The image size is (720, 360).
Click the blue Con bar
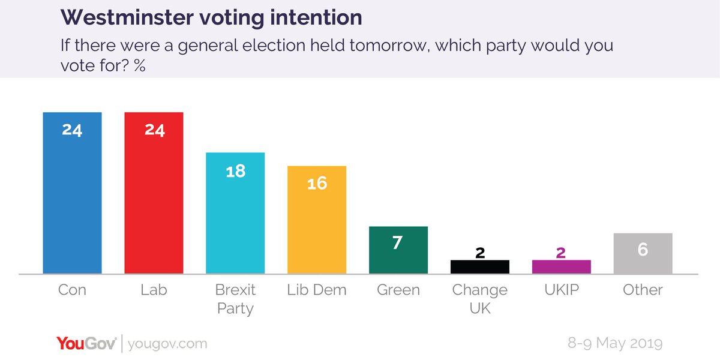coord(72,198)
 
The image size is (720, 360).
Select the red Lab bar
coord(154,198)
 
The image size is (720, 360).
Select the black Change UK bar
coord(479,267)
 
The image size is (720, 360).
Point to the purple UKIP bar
coord(561,267)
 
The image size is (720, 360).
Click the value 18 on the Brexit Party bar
coord(235,171)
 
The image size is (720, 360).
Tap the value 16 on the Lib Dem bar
coord(317,184)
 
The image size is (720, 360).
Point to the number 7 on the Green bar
coord(398,244)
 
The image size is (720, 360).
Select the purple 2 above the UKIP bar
coord(561,253)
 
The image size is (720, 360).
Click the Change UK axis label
coord(479,299)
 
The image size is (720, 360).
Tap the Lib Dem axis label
coord(317,290)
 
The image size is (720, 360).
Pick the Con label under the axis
coord(72,290)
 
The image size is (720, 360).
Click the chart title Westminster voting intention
coord(211,17)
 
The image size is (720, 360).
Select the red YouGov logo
coord(86,344)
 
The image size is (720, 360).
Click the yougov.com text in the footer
coord(168,344)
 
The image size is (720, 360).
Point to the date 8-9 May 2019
coord(615,344)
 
